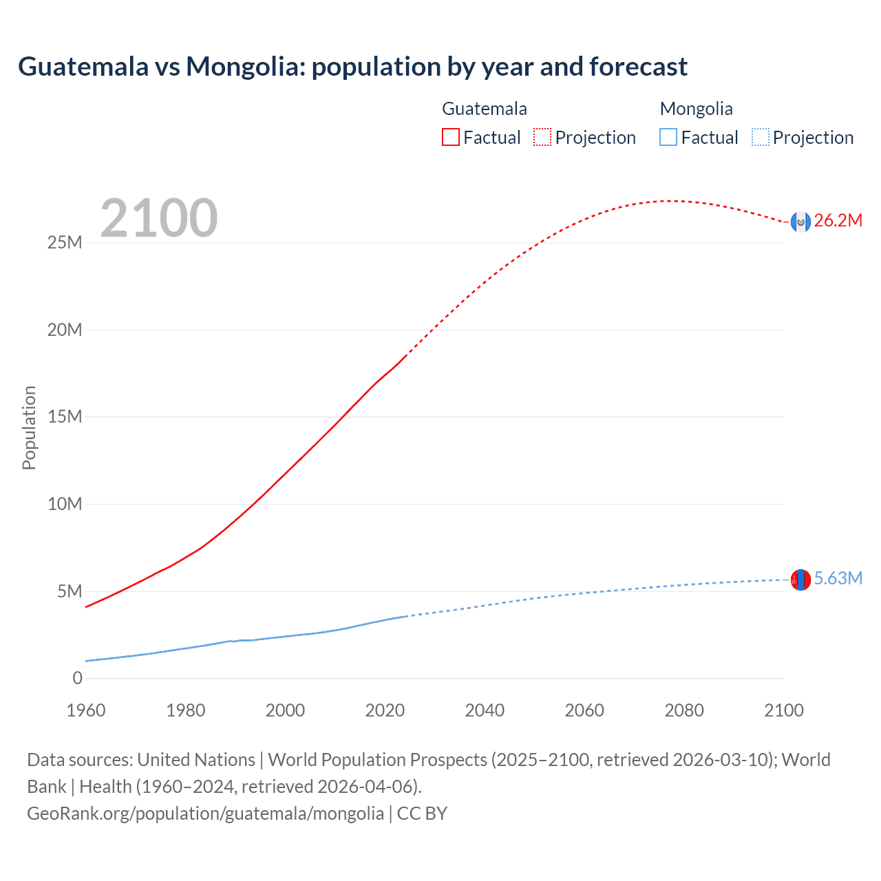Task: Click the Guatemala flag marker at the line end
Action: [x=800, y=221]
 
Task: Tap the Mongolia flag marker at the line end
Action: [x=800, y=580]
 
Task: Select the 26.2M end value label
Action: [x=838, y=221]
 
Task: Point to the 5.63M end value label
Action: [x=838, y=579]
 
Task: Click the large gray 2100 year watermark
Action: [x=159, y=218]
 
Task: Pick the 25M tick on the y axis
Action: [x=65, y=243]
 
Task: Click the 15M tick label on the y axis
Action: [x=65, y=417]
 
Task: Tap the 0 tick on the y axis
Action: [x=77, y=679]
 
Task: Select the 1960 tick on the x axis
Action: [x=86, y=710]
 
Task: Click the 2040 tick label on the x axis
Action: [x=485, y=710]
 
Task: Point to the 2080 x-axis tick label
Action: [x=684, y=710]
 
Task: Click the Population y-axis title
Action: [x=29, y=427]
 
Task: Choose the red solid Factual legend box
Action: [x=450, y=137]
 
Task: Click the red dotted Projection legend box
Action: [x=542, y=137]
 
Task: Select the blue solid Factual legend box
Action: [x=668, y=137]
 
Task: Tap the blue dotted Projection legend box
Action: [x=760, y=137]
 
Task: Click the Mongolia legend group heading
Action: [x=696, y=109]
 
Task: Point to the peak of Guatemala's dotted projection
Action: [x=671, y=201]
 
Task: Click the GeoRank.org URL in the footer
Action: [x=205, y=814]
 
